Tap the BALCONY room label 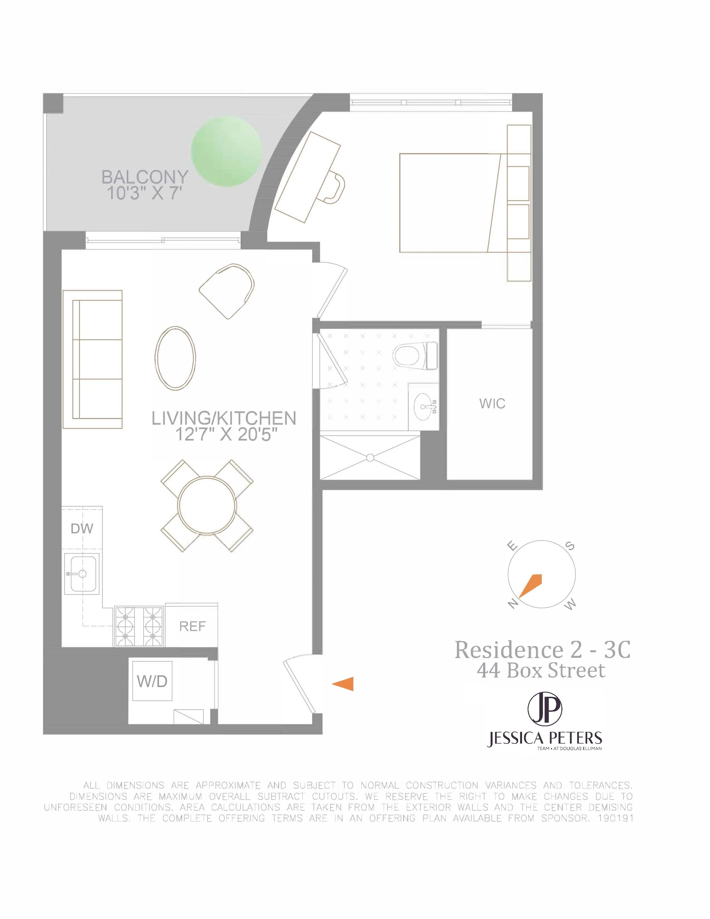tap(145, 177)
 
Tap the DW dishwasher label tap(82, 529)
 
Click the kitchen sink tap(82, 573)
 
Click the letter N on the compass tap(512, 605)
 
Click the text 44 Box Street tap(541, 671)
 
